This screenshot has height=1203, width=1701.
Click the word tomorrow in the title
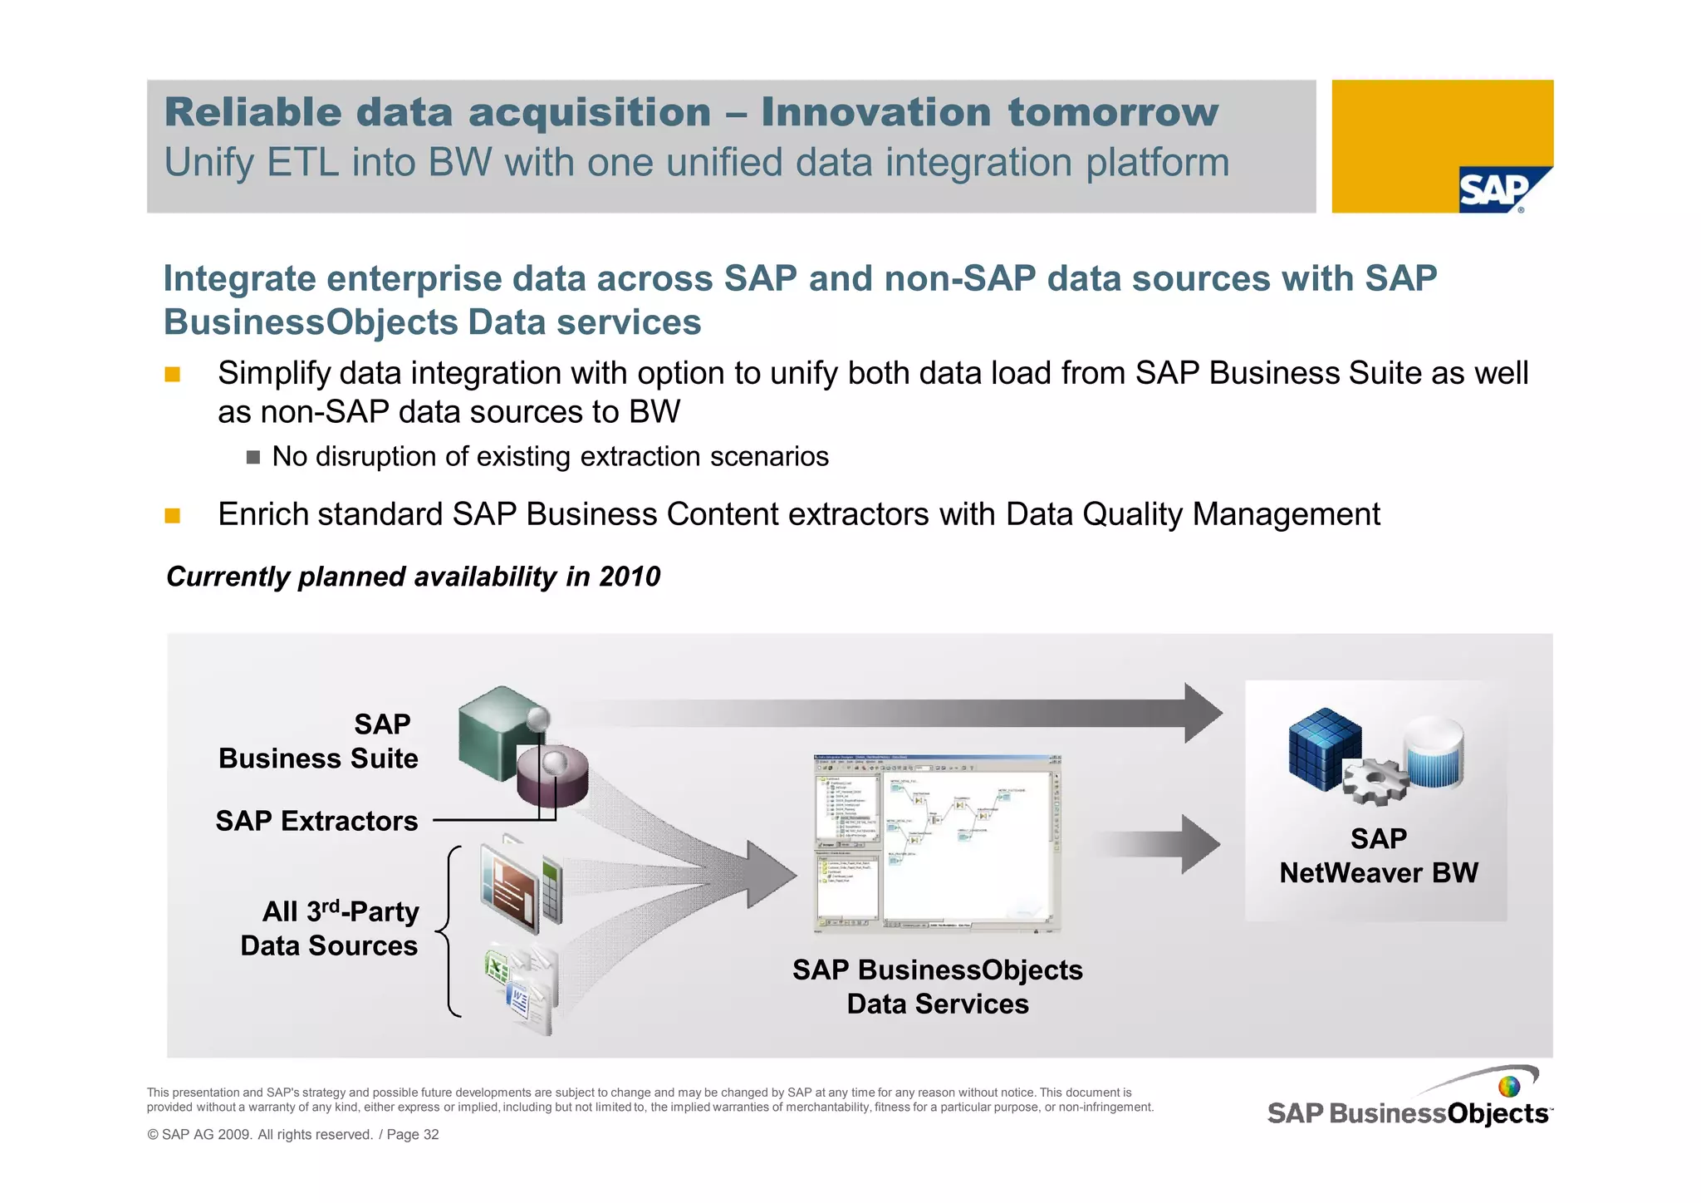pyautogui.click(x=1113, y=112)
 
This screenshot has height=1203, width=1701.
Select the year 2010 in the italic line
pyautogui.click(x=630, y=577)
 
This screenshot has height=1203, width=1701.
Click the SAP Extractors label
pyautogui.click(x=316, y=821)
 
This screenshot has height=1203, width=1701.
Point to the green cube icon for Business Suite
pyautogui.click(x=495, y=731)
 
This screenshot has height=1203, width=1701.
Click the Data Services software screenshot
pyautogui.click(x=937, y=843)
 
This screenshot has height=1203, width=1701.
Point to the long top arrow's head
pyautogui.click(x=1201, y=713)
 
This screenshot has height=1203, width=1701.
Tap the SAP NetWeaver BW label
pyautogui.click(x=1378, y=856)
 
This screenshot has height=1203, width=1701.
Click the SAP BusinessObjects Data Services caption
pyautogui.click(x=937, y=987)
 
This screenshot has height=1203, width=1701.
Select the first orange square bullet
pyautogui.click(x=173, y=374)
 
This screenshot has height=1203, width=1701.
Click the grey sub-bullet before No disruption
pyautogui.click(x=253, y=457)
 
